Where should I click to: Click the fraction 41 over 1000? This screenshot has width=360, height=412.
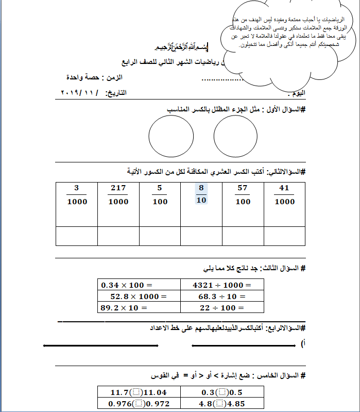[284, 195]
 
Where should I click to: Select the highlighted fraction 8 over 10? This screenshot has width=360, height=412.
[201, 194]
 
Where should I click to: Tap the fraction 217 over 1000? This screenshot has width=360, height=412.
[118, 195]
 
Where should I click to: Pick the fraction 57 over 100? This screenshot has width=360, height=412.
[243, 195]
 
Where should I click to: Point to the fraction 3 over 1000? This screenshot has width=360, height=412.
[77, 195]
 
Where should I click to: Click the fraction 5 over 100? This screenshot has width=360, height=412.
[160, 195]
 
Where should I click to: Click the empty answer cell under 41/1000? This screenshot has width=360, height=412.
[284, 236]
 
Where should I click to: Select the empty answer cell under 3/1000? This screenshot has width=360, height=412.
[77, 236]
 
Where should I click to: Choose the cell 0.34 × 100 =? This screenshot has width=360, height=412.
[139, 285]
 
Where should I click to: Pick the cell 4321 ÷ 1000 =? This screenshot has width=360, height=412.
[222, 285]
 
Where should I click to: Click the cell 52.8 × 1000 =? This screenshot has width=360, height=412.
[139, 296]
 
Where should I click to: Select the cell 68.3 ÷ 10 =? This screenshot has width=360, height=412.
[222, 296]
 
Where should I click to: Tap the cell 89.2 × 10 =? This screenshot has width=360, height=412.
[139, 307]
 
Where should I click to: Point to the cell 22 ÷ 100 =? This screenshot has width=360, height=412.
[222, 307]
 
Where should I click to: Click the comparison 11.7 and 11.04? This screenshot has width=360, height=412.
[139, 392]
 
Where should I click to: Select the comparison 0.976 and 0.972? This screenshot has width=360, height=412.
[139, 404]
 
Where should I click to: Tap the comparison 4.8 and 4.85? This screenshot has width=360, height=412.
[222, 404]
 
